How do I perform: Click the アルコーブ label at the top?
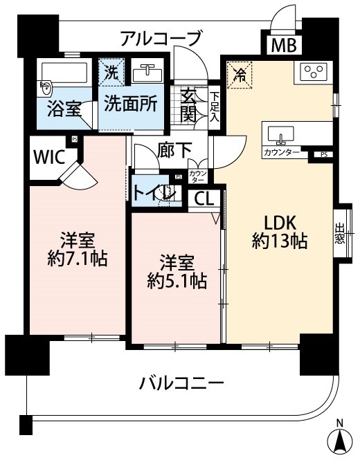pos(161,37)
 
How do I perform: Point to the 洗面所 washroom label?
pos(130,103)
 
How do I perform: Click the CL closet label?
pos(204,199)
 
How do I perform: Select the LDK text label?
pos(280,223)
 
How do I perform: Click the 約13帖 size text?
pos(279,241)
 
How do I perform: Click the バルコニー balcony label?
pos(180,383)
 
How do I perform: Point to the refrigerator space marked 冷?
pos(240,72)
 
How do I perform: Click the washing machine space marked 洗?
pos(111,70)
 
